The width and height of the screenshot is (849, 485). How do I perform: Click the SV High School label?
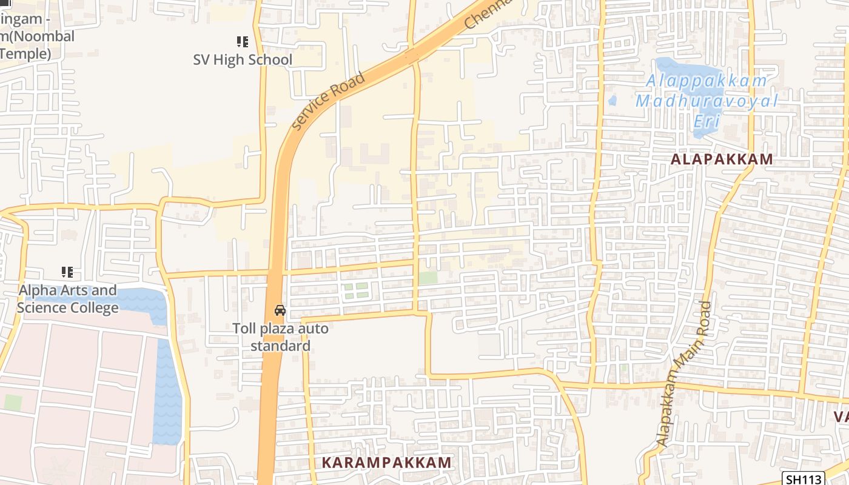coord(243,59)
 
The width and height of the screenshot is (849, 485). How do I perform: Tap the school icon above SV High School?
coord(243,42)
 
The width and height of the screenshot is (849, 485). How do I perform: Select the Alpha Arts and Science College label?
coord(67,299)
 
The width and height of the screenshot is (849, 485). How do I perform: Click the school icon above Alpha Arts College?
coord(67,272)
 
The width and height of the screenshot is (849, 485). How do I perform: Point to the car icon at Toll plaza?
coord(280,310)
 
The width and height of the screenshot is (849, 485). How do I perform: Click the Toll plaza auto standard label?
coord(280,337)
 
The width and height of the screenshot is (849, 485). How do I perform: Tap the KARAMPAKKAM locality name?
coord(386,462)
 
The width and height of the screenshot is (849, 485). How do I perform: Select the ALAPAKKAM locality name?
coord(722,159)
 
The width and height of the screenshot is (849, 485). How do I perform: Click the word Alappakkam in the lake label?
coord(706,81)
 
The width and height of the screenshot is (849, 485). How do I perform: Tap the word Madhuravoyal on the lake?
coord(706,101)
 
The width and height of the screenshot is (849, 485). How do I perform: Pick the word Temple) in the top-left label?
coord(25,54)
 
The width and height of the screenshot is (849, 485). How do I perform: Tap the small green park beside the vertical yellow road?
coord(428,278)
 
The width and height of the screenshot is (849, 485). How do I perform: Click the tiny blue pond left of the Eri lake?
coord(612,100)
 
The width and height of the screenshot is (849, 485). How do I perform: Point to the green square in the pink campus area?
coord(13,402)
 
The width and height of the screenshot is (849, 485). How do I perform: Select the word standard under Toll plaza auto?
coord(280,346)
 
